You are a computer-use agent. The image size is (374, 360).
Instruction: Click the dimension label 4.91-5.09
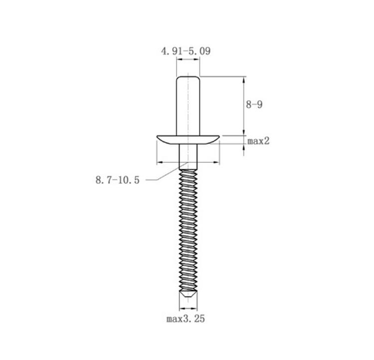tap(186, 51)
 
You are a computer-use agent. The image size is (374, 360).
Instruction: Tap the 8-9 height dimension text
tap(254, 105)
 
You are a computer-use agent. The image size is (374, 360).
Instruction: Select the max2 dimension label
tap(258, 141)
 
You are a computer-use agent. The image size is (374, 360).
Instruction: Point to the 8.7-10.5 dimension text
tap(117, 180)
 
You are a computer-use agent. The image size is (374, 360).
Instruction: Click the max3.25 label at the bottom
tap(186, 319)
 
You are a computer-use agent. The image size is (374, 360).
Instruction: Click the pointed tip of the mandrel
tap(188, 297)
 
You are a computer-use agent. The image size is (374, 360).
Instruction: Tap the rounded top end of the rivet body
tap(187, 77)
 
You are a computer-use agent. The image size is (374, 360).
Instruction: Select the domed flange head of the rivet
tap(188, 140)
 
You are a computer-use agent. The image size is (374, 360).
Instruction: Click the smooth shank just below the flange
tap(188, 157)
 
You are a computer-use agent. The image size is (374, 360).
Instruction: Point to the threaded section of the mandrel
tap(188, 230)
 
